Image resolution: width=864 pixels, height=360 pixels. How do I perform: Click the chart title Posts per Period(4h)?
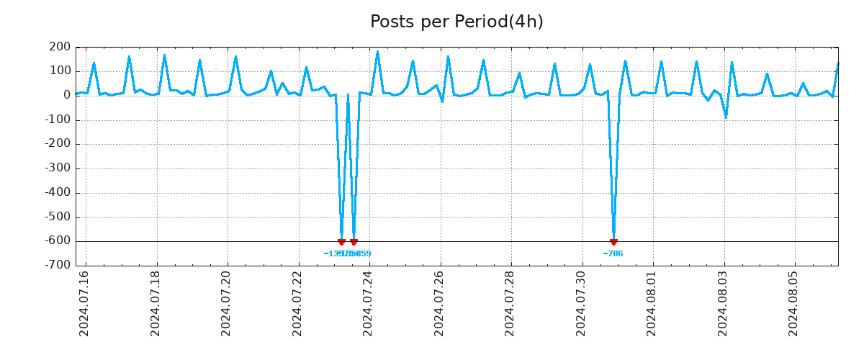point(456,22)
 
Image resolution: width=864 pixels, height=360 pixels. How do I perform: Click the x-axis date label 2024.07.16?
point(84,303)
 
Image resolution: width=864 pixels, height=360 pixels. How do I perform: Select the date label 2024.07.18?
point(156,303)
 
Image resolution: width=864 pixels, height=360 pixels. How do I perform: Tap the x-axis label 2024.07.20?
point(226,303)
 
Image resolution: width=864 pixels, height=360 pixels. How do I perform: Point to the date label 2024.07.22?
point(297,303)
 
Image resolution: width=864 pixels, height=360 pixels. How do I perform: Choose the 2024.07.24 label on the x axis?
point(368,303)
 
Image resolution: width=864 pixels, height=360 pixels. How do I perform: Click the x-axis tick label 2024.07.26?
point(439,303)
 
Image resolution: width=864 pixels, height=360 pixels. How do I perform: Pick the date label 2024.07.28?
point(510,303)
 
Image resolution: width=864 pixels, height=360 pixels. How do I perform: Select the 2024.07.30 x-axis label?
point(581,303)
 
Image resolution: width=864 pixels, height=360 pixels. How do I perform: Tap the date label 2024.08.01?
point(652,303)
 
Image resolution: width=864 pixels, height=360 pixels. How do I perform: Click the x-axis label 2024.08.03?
point(723,303)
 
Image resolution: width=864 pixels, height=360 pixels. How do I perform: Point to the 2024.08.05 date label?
point(793,303)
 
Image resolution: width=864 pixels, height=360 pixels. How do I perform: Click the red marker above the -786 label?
point(613,242)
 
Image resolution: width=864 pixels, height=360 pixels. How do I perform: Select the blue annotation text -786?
point(613,253)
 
